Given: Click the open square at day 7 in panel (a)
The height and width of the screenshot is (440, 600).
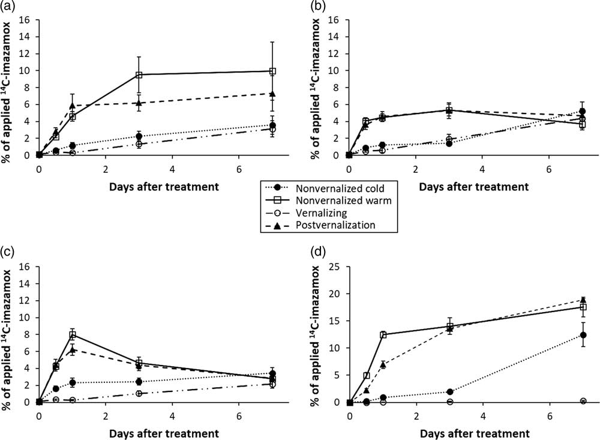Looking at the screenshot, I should tap(272, 71).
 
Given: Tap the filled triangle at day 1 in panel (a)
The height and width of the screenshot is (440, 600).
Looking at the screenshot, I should tap(73, 106).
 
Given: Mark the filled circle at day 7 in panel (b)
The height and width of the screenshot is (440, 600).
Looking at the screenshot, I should tap(583, 111).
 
